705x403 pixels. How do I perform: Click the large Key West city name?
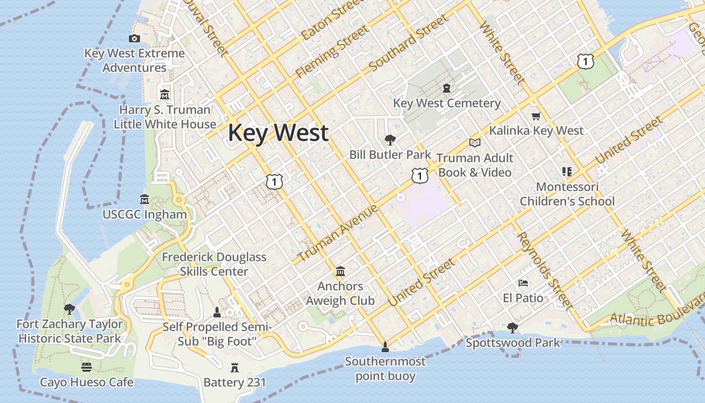(278, 133)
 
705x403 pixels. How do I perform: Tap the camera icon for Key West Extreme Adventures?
(134, 38)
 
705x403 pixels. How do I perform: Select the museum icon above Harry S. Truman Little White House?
(165, 95)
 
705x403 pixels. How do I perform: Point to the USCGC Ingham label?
(145, 214)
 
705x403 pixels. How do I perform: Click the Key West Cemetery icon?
(447, 89)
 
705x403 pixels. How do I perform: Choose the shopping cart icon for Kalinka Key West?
(536, 116)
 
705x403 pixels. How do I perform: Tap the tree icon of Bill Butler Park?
(390, 140)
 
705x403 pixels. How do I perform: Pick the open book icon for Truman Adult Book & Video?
(475, 143)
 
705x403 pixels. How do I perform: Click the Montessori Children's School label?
(567, 194)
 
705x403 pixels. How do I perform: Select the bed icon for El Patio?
(523, 283)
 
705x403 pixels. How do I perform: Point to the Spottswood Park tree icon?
(513, 328)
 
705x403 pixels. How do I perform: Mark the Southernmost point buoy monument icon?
(385, 347)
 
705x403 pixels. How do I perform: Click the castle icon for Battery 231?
(235, 367)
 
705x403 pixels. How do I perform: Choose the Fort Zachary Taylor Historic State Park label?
(69, 331)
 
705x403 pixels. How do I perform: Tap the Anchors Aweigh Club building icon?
(340, 272)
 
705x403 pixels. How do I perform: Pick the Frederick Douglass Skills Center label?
(214, 264)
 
